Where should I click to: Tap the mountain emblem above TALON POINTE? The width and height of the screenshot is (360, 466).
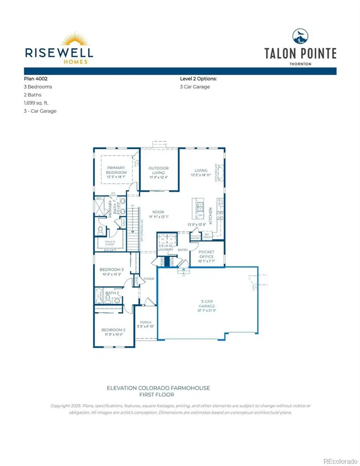pos(300,36)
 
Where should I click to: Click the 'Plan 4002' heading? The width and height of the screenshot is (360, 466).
pos(36,79)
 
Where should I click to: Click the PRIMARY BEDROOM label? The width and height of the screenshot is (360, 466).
pos(116,170)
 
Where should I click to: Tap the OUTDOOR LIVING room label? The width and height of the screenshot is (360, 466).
pos(158,170)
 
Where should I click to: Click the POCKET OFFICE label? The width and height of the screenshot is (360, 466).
pos(206,254)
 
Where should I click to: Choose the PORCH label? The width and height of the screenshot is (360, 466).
pos(145,322)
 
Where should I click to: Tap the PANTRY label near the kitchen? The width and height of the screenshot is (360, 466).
pos(195,238)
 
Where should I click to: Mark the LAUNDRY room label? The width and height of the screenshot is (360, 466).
pos(165,249)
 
